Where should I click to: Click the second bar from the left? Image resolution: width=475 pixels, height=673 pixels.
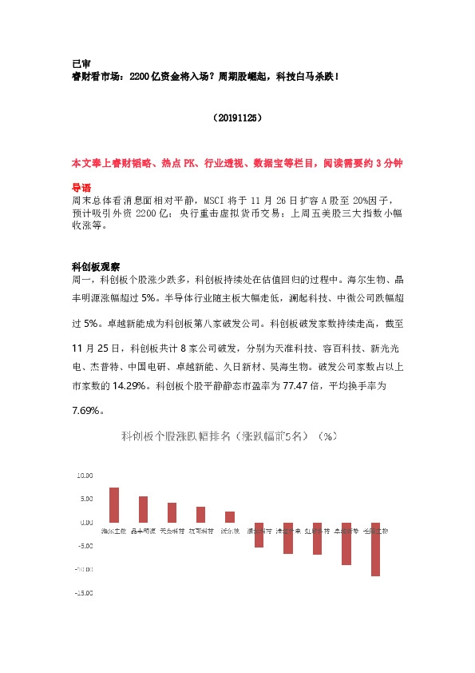point(143,509)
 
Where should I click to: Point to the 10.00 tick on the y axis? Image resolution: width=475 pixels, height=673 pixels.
point(84,475)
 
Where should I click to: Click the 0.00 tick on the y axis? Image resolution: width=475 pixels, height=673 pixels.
point(85,522)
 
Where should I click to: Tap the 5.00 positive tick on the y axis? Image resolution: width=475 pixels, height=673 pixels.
point(85,499)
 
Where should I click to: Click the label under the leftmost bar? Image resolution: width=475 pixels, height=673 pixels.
point(114,530)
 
